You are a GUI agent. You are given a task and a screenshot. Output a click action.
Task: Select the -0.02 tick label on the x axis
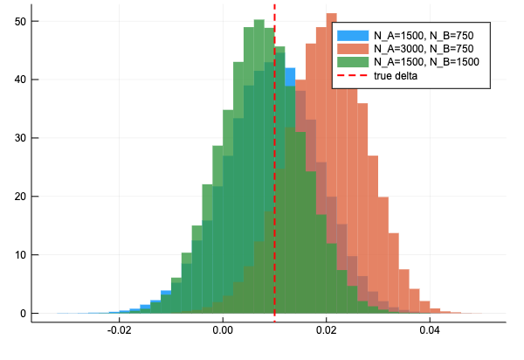pos(119,332)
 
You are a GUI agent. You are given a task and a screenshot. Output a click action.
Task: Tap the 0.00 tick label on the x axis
pos(224,332)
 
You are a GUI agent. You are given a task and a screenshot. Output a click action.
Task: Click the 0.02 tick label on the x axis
pos(327,332)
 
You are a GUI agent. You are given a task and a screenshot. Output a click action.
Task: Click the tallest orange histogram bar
pos(331,166)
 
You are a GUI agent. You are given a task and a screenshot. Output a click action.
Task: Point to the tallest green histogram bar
pos(259,166)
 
